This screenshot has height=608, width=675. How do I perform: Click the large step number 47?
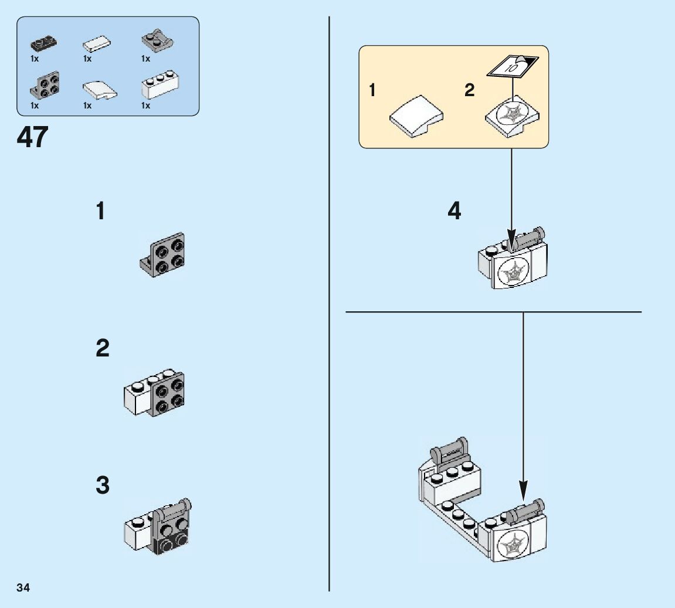coord(33,138)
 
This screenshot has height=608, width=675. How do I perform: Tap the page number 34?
coord(23,587)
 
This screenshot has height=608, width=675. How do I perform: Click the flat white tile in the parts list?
coord(96,45)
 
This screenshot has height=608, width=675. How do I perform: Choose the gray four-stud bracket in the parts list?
coord(44,85)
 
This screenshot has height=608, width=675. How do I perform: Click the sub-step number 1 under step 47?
coord(101,211)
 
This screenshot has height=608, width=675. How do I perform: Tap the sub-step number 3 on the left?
coord(102,485)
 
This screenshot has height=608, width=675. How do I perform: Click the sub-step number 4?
coord(454,211)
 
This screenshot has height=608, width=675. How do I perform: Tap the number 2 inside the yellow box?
coord(469,90)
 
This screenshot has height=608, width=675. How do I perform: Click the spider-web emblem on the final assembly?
coord(510,545)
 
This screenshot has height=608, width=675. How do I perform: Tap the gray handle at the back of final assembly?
coord(450,451)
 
